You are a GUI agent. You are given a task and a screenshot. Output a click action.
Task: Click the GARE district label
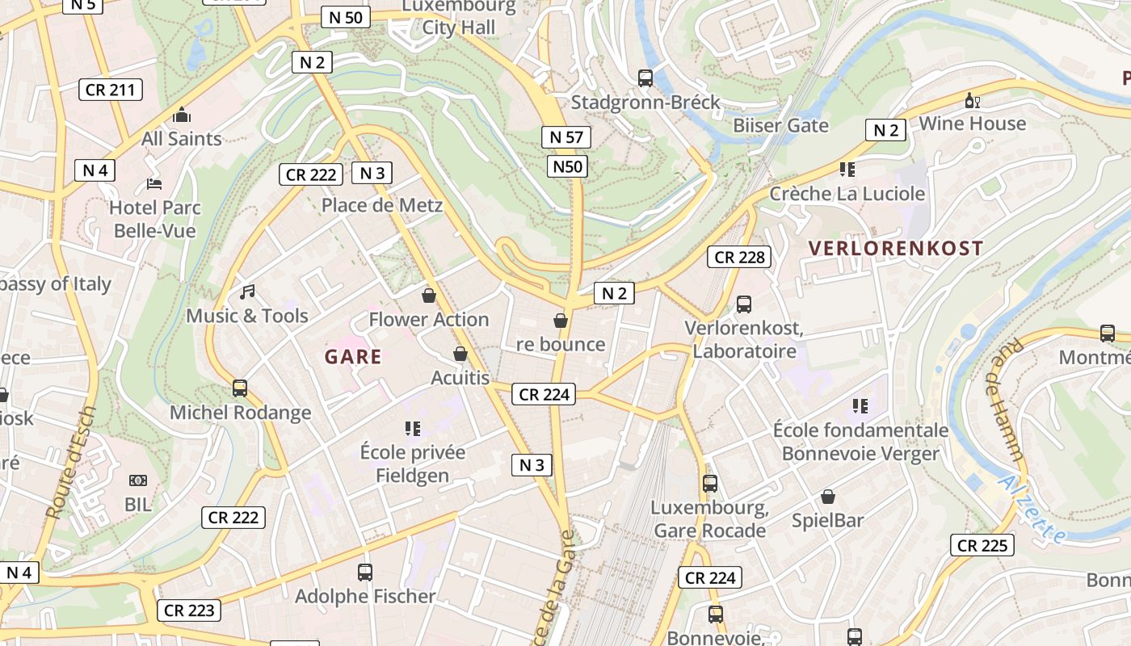(x=353, y=357)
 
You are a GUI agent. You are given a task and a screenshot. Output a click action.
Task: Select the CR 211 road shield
(x=111, y=90)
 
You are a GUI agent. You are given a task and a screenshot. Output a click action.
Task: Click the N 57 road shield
(x=566, y=137)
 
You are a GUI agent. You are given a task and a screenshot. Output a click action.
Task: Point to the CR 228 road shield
(x=739, y=258)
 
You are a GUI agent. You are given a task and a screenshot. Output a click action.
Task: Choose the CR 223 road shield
(x=189, y=610)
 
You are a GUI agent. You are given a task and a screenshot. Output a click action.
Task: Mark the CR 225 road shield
(x=982, y=546)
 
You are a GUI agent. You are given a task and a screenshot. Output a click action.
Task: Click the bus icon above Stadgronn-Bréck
(x=645, y=78)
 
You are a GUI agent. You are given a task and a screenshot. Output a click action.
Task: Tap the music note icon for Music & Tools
(x=247, y=292)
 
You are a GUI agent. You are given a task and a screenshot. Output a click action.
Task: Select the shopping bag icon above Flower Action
(x=429, y=296)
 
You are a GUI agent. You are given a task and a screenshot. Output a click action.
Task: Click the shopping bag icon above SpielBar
(x=827, y=497)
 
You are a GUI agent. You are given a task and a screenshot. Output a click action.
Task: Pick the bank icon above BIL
(x=138, y=480)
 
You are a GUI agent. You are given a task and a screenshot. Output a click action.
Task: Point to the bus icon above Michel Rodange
(x=240, y=388)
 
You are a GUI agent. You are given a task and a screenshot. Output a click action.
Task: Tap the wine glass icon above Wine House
(x=972, y=100)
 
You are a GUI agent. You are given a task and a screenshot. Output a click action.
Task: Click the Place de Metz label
(x=382, y=205)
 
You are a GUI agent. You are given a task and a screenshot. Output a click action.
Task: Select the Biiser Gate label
(x=780, y=125)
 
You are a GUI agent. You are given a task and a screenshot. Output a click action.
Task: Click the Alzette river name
(x=1032, y=510)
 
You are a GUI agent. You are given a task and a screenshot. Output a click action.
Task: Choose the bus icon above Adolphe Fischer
(x=365, y=573)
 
